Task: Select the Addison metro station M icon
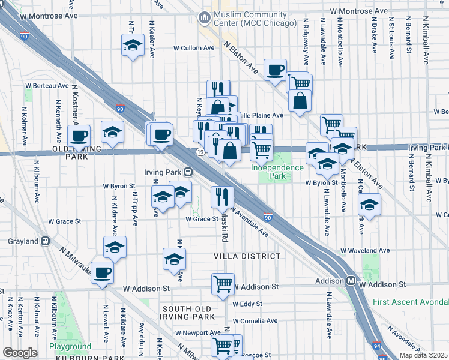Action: point(351,281)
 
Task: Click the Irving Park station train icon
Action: point(188,171)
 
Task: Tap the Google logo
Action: point(20,352)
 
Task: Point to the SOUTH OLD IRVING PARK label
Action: point(188,312)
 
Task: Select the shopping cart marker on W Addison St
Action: point(223,284)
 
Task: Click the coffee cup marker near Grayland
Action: point(103,272)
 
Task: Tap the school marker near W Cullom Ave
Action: point(133,44)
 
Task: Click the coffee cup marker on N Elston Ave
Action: point(275,70)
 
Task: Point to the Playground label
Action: point(70,346)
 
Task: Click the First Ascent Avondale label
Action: point(410,302)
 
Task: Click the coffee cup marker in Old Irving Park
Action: point(79,135)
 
